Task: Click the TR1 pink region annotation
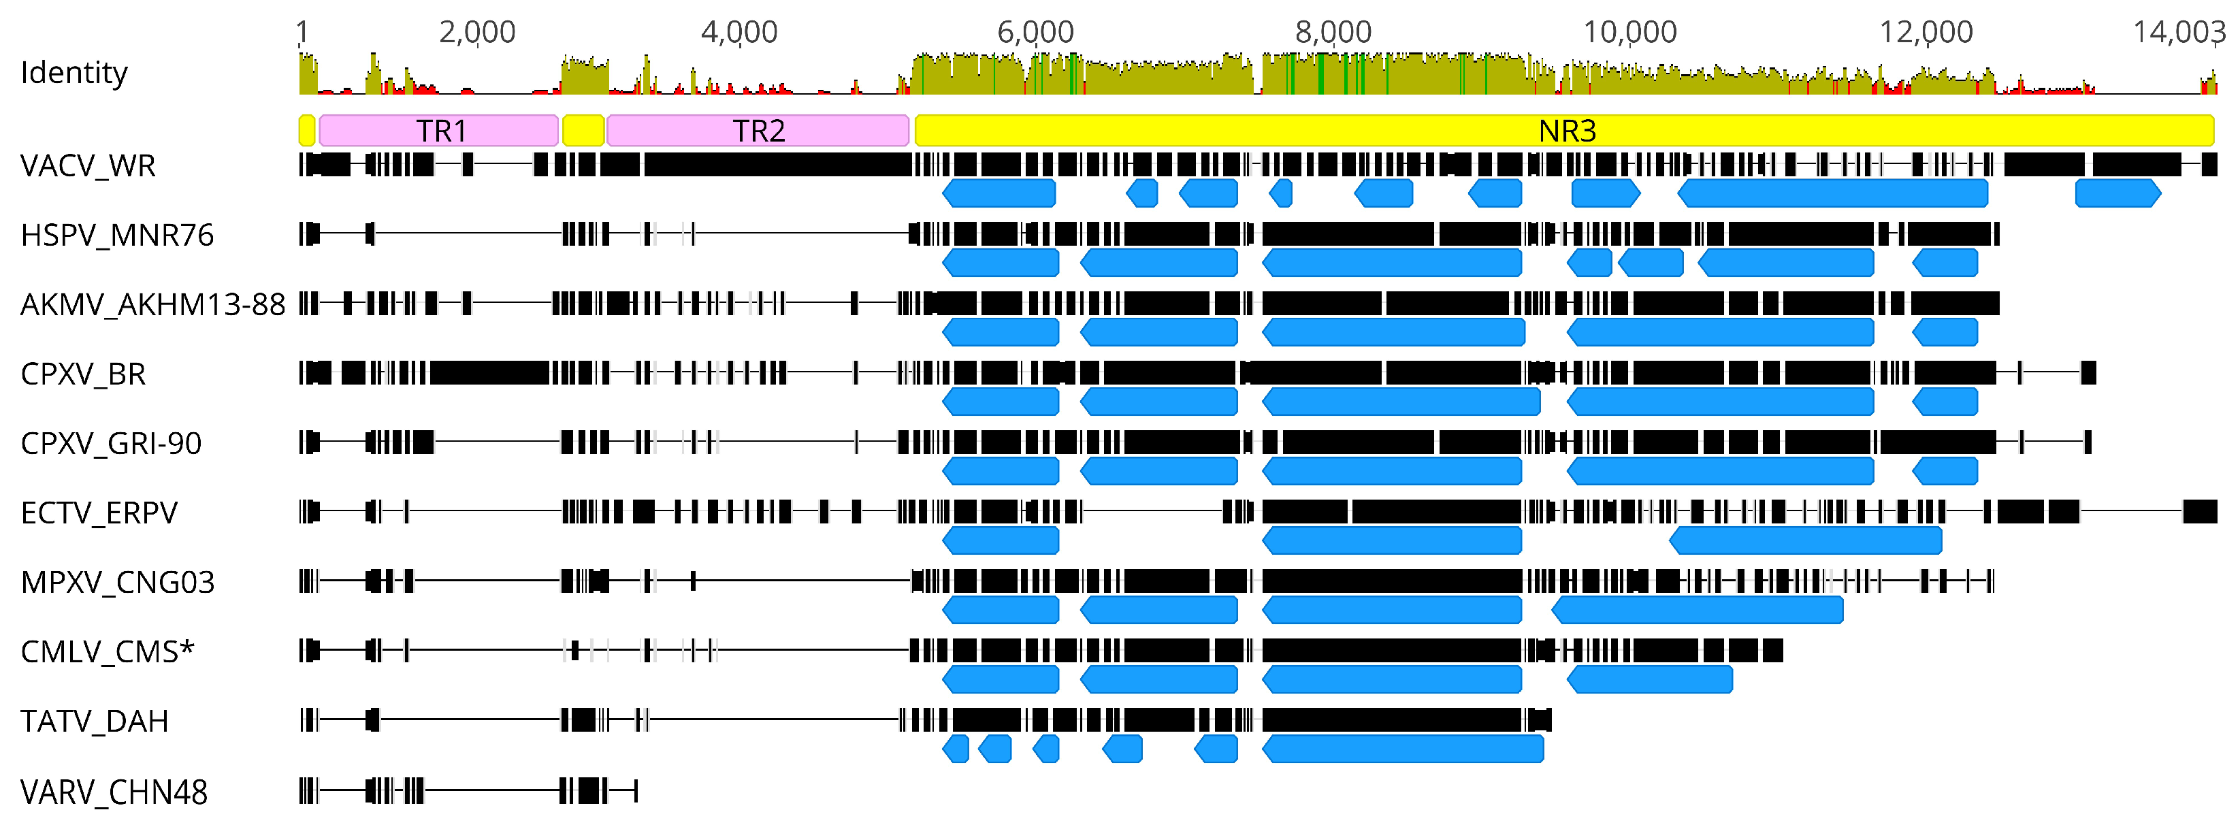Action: click(x=439, y=131)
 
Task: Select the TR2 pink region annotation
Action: click(x=758, y=131)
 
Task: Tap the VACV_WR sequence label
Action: click(x=88, y=165)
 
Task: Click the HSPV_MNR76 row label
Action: click(x=116, y=235)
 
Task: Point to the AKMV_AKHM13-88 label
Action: click(x=152, y=304)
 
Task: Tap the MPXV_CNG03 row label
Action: click(x=117, y=582)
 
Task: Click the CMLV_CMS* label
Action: click(x=107, y=651)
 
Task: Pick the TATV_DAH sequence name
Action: click(x=94, y=721)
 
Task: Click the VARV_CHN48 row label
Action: click(x=113, y=792)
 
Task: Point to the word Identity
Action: click(x=74, y=72)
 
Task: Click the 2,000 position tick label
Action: click(x=476, y=32)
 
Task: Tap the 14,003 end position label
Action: click(x=2178, y=32)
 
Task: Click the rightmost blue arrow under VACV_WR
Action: click(x=2117, y=193)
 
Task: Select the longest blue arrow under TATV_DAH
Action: click(x=1403, y=749)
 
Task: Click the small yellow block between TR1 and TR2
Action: click(x=583, y=131)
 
